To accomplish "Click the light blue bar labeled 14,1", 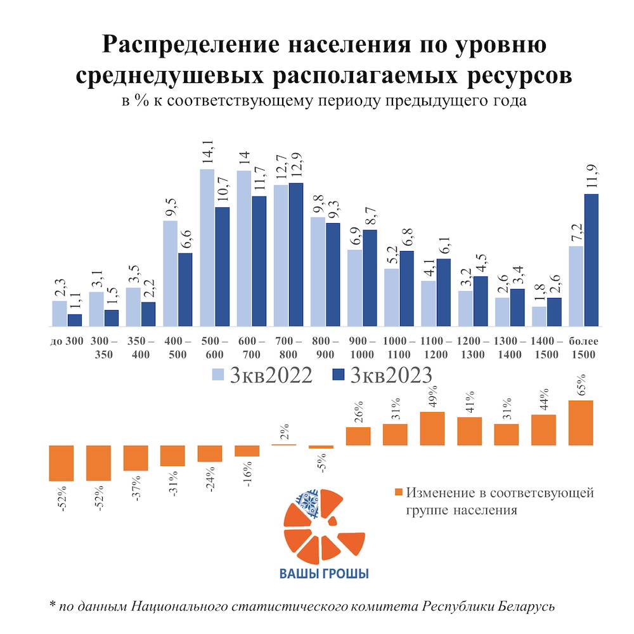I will [x=207, y=247].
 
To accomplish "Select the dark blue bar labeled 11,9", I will [x=591, y=260].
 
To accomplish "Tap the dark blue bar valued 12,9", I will [x=295, y=254].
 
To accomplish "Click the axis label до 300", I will [x=67, y=341].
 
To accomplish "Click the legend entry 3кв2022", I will [x=261, y=375].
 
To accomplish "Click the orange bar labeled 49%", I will [x=432, y=428].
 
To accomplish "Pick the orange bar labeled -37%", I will [x=135, y=457].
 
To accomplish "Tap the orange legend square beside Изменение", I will [x=398, y=493].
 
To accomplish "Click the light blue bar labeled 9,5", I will [x=170, y=273].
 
